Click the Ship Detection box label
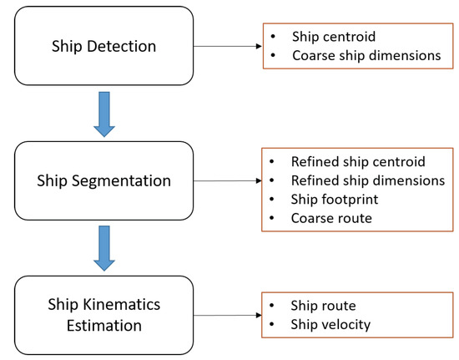coord(104,46)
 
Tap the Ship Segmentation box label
coord(104,180)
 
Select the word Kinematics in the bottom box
coord(122,304)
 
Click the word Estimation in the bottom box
coord(104,326)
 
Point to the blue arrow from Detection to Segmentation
coord(104,114)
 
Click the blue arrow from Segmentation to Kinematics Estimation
coord(104,248)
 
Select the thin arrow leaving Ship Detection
coord(228,46)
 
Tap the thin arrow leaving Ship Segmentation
coord(228,180)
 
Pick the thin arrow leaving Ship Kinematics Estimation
coord(228,315)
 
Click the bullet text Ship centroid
coord(334,37)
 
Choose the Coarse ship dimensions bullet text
coord(366,55)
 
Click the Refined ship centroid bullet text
coord(358,162)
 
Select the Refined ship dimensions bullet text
coord(368,180)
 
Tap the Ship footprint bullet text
coord(335,200)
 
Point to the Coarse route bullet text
coord(331,218)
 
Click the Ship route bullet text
coord(324,306)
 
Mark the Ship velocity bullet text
coord(330,325)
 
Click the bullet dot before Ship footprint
coord(272,199)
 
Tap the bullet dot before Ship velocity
coord(272,324)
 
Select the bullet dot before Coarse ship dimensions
coord(273,55)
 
